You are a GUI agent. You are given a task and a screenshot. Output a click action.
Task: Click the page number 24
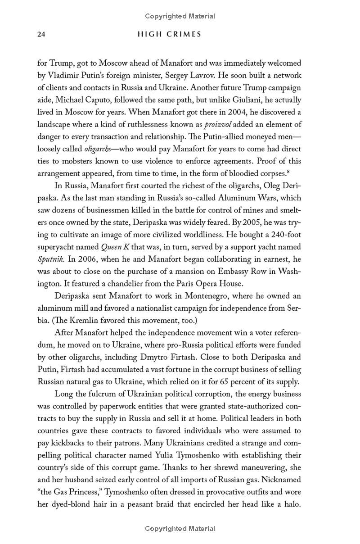[41, 35]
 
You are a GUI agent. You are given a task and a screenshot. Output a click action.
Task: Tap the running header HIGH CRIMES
[170, 35]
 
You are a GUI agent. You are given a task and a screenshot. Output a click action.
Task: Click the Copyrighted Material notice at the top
[180, 16]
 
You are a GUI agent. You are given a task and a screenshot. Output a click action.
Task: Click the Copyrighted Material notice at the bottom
[180, 529]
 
